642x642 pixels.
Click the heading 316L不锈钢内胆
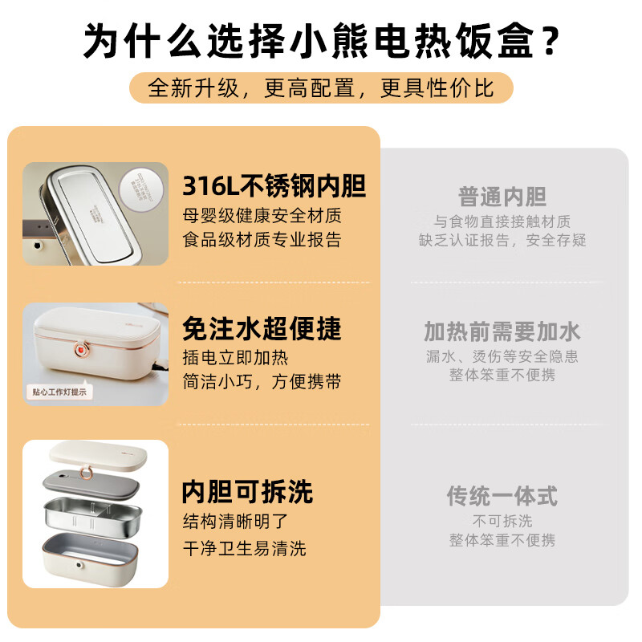(x=274, y=186)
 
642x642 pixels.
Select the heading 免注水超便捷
(x=262, y=328)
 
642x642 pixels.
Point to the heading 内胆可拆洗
(x=247, y=490)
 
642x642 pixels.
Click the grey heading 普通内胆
(x=502, y=197)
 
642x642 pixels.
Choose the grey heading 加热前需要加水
(x=502, y=331)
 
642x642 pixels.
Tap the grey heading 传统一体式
(x=502, y=495)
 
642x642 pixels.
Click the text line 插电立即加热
(x=235, y=357)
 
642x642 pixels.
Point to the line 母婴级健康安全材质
(x=262, y=215)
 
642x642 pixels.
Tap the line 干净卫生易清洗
(x=244, y=548)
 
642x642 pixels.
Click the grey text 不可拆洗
(x=502, y=520)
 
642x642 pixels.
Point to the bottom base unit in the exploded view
(x=95, y=555)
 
